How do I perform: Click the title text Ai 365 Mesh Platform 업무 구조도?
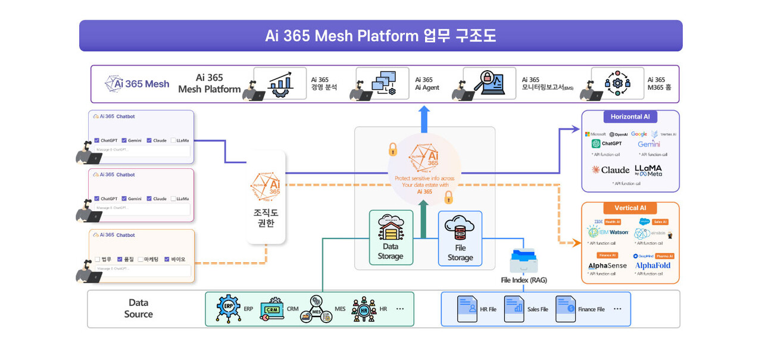click(380, 36)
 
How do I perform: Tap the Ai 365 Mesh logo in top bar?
click(137, 84)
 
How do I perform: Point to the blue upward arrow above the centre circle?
click(424, 118)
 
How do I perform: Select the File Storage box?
click(460, 239)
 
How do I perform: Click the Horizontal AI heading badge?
click(630, 117)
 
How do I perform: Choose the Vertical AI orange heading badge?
click(630, 208)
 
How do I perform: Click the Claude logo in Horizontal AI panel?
click(610, 170)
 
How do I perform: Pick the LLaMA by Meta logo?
click(648, 170)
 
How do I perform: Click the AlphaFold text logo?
click(652, 265)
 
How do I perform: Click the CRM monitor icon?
click(272, 309)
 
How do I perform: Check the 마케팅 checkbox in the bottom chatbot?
click(140, 259)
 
